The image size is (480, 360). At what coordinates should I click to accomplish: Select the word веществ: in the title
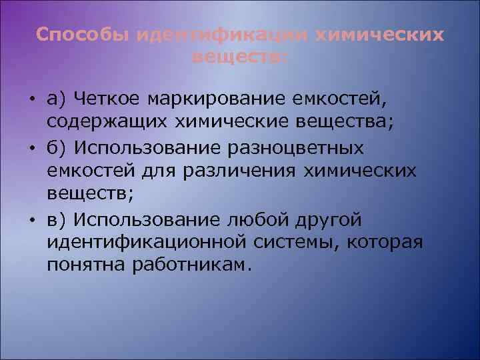(240, 57)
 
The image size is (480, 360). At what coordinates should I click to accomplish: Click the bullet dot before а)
(32, 100)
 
